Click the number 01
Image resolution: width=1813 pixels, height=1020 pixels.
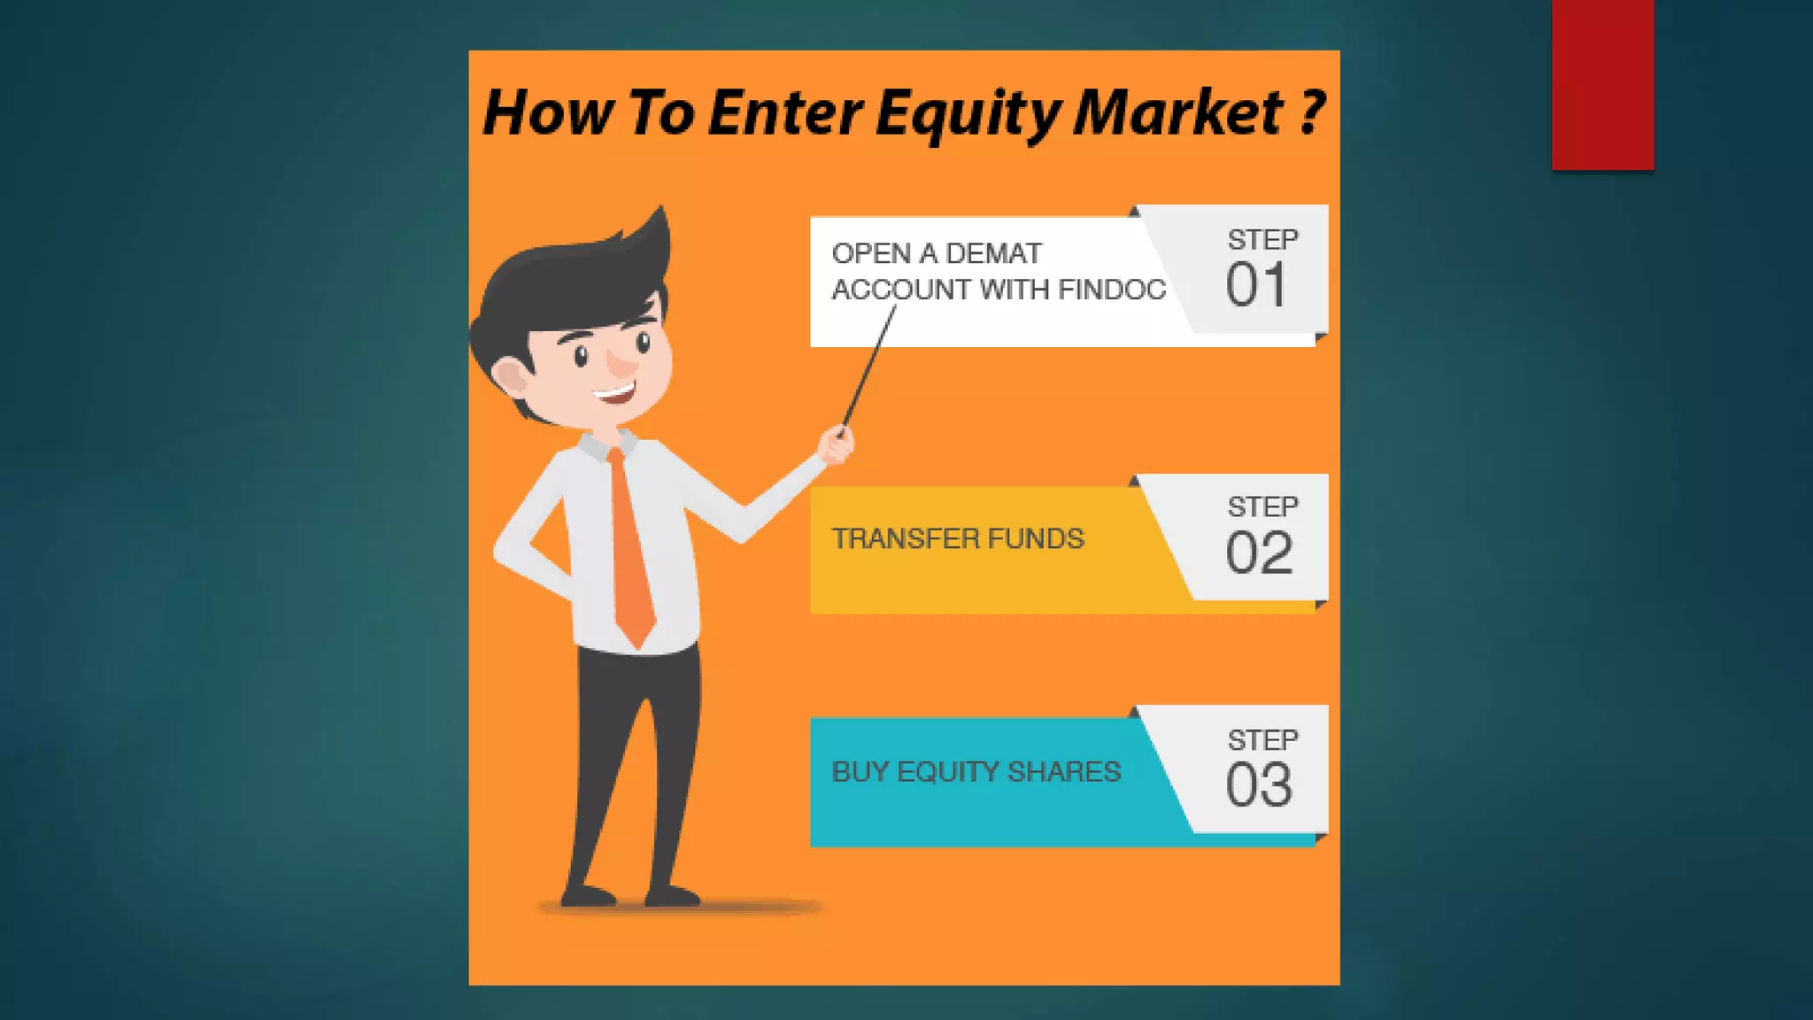click(1256, 285)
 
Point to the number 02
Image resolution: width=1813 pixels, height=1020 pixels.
click(1259, 553)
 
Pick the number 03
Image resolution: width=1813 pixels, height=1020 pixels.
click(1259, 785)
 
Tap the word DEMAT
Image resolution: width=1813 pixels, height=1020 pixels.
click(994, 254)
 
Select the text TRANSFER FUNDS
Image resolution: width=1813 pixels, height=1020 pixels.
click(958, 538)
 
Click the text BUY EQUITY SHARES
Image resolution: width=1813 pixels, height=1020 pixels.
click(976, 772)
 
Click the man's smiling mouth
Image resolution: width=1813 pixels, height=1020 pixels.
click(617, 392)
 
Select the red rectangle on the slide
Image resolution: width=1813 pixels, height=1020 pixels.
click(1602, 84)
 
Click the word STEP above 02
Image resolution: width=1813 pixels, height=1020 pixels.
click(1262, 506)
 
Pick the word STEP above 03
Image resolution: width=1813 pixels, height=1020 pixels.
click(1262, 739)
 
